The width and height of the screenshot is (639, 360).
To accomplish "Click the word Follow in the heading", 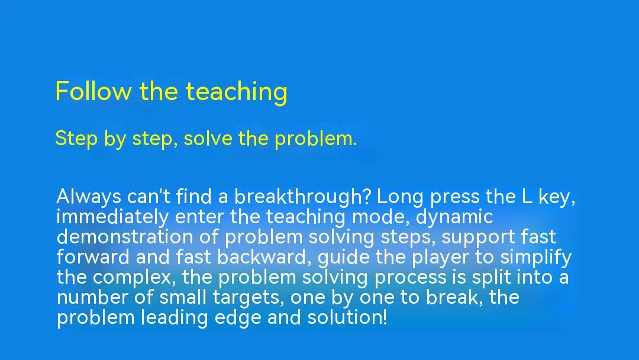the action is click(93, 91).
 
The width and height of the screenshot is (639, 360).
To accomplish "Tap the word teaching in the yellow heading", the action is click(237, 92).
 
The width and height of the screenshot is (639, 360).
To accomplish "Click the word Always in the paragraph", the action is click(89, 197).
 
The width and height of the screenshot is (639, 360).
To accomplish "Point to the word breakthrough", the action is click(302, 197).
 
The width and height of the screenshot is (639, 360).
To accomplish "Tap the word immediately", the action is click(112, 217).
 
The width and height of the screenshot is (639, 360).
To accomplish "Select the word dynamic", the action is click(454, 217).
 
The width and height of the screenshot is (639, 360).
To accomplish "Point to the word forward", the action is click(92, 257).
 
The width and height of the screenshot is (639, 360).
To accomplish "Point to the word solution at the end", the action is click(346, 317).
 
